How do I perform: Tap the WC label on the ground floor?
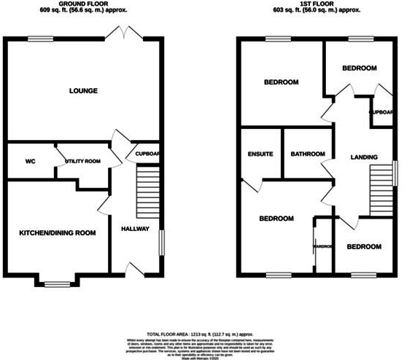point(31,161)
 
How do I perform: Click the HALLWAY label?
point(135,229)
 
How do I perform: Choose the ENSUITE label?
point(260,154)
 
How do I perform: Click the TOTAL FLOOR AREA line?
point(201,332)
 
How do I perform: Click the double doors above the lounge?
point(120,32)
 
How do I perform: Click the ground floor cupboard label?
point(147,154)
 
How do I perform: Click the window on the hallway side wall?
point(161,243)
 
